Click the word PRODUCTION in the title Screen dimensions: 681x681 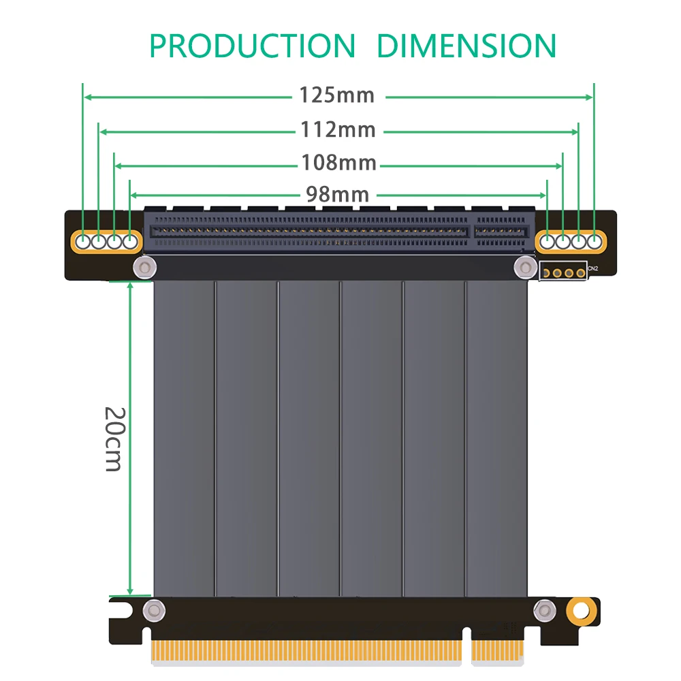[x=252, y=46]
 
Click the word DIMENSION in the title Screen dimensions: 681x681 [x=466, y=46]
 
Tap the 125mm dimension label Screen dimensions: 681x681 [x=337, y=95]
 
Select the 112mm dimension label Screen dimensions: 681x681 [x=338, y=129]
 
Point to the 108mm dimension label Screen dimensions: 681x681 [x=338, y=162]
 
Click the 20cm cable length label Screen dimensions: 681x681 [x=114, y=439]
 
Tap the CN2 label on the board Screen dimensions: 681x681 [x=592, y=269]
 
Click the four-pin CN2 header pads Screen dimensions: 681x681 [x=563, y=272]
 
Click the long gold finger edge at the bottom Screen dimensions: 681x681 [x=306, y=651]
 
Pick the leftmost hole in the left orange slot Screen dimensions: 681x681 [x=83, y=240]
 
